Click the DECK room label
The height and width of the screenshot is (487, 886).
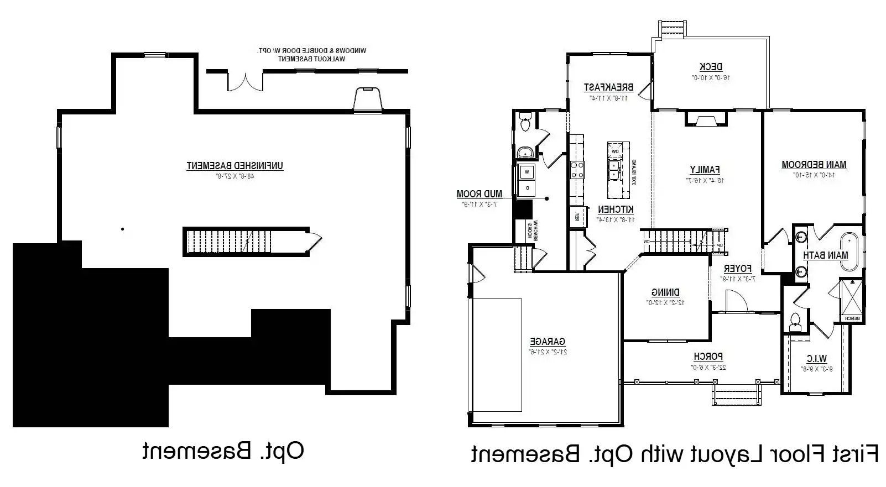pyautogui.click(x=711, y=67)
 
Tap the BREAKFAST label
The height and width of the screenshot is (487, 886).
pyautogui.click(x=608, y=87)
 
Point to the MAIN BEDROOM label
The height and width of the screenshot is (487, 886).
pyautogui.click(x=814, y=164)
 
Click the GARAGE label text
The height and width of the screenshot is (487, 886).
pyautogui.click(x=548, y=342)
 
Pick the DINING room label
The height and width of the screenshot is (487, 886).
pyautogui.click(x=665, y=292)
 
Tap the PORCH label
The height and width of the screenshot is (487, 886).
pyautogui.click(x=708, y=357)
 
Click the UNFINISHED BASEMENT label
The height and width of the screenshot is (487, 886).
pyautogui.click(x=235, y=165)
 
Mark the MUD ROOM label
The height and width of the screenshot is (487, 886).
pyautogui.click(x=479, y=194)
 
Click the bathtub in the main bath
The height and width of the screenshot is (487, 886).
pyautogui.click(x=849, y=252)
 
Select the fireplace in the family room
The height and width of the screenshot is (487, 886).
pyautogui.click(x=706, y=120)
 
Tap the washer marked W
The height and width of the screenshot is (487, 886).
pyautogui.click(x=527, y=172)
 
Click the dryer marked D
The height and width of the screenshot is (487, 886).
pyautogui.click(x=527, y=188)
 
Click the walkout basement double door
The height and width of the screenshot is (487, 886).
pyautogui.click(x=244, y=81)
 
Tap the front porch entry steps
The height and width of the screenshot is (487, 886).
pyautogui.click(x=734, y=396)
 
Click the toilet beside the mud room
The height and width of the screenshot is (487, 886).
pyautogui.click(x=525, y=123)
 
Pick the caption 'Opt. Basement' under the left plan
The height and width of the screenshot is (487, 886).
pyautogui.click(x=223, y=451)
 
